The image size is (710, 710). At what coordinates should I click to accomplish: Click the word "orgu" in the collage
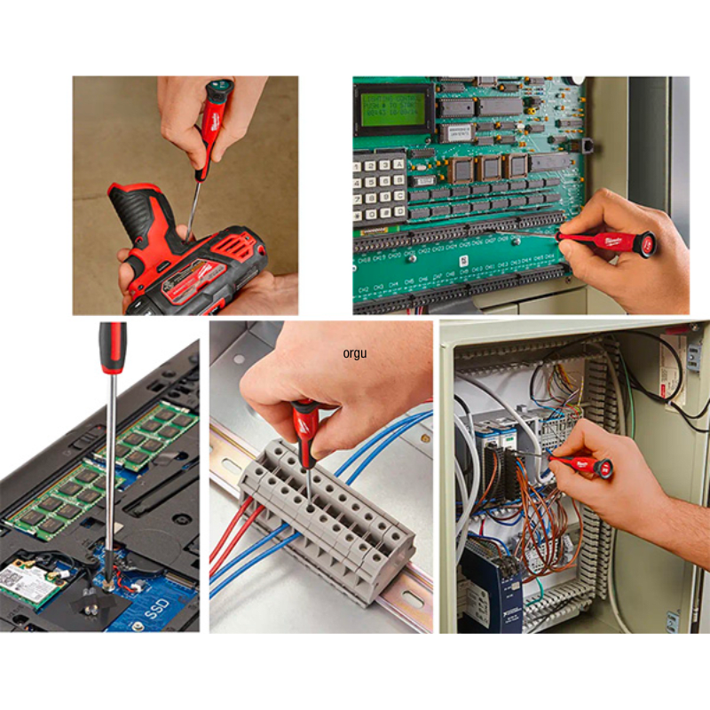click(x=355, y=353)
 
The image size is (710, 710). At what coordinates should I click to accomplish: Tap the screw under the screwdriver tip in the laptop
click(x=108, y=583)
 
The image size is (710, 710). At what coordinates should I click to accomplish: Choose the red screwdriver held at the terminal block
click(x=304, y=426)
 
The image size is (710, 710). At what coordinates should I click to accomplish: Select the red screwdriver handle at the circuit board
click(x=612, y=241)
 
